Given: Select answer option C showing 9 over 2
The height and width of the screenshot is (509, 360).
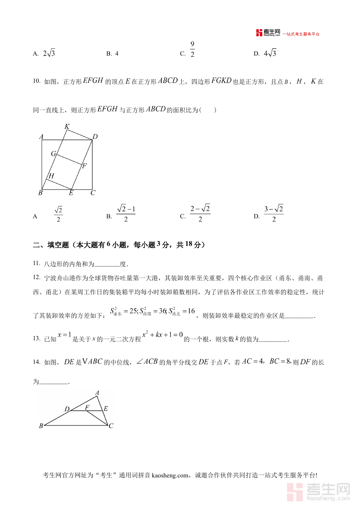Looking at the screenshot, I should pos(192,50).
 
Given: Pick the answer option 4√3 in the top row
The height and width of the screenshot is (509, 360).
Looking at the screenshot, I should pos(270,53).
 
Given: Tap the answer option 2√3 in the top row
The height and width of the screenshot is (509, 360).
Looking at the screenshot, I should pos(49,53).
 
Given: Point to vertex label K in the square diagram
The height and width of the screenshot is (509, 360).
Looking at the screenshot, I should pos(67,127).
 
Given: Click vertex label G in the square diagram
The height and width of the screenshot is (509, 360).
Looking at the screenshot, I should pos(53,154).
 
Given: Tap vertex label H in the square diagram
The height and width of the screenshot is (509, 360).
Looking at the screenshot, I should pos(51,176).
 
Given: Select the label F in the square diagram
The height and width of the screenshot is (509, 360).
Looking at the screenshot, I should pos(84,166).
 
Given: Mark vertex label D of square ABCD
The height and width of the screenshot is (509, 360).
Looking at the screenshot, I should pos(95,137).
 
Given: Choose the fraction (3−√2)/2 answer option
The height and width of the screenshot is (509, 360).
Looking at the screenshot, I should pos(274,214).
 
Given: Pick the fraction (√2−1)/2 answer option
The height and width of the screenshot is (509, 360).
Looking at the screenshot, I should pos(126,214).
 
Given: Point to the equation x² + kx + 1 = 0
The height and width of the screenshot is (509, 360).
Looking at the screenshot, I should pos(162,335).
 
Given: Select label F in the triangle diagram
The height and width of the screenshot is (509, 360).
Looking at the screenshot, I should pos(87,407).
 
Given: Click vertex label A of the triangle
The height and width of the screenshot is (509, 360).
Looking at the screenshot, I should pos(97,393).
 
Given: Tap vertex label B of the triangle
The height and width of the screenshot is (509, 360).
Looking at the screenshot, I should pos(41,426).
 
